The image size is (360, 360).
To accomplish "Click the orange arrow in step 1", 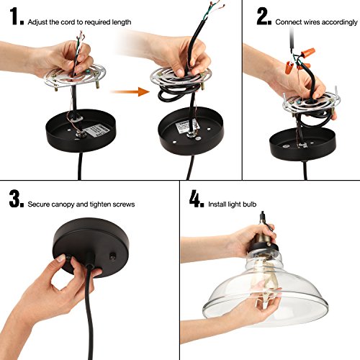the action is pos(130,91).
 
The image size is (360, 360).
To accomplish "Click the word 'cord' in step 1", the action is pos(68,22).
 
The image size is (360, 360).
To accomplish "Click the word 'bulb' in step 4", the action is pos(250,204).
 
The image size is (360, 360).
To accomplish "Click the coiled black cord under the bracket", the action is pos(175,93).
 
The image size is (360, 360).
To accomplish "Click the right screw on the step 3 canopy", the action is pos(112,256).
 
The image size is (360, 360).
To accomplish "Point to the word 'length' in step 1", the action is pos(122,22).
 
